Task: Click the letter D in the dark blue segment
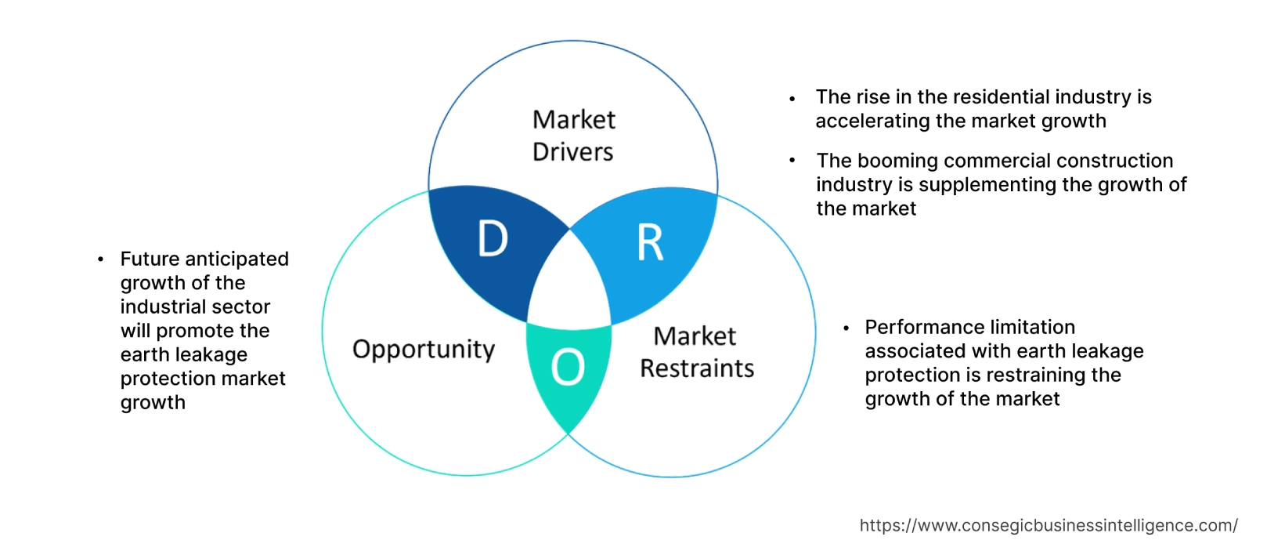pyautogui.click(x=493, y=239)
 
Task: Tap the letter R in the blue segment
pyautogui.click(x=650, y=242)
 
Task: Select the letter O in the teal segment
pyautogui.click(x=568, y=367)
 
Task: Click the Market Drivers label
pyautogui.click(x=573, y=136)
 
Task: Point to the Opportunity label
pyautogui.click(x=424, y=350)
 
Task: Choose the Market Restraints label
pyautogui.click(x=696, y=352)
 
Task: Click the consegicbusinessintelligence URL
pyautogui.click(x=1049, y=525)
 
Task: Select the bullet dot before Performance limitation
pyautogui.click(x=846, y=328)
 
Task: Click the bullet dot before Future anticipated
pyautogui.click(x=100, y=259)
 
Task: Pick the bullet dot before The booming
pyautogui.click(x=792, y=161)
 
